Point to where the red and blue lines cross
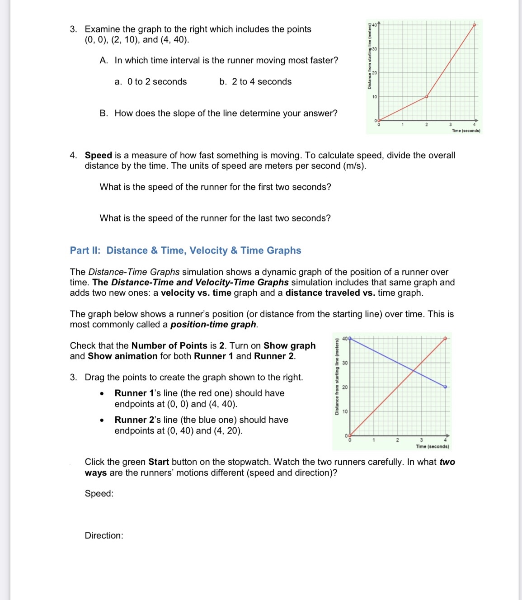click(414, 370)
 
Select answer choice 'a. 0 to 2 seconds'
click(150, 82)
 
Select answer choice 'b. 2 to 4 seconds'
click(255, 82)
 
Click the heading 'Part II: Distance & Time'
click(185, 250)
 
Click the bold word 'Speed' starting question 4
click(98, 156)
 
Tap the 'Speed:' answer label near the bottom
click(99, 494)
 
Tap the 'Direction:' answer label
click(104, 536)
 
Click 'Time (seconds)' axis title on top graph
click(466, 131)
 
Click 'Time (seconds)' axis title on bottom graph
click(432, 446)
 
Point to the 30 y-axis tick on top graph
click(375, 49)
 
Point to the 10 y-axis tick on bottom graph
click(345, 411)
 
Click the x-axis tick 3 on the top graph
click(450, 125)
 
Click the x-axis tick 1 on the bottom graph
click(374, 440)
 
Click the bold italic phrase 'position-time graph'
click(213, 325)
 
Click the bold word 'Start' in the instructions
click(158, 462)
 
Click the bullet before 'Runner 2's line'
click(103, 420)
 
